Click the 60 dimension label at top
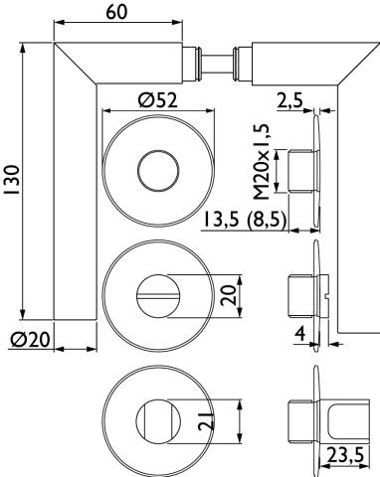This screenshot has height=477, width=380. click(x=116, y=12)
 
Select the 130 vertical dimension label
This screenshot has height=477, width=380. click(x=14, y=179)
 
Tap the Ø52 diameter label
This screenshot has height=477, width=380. click(x=158, y=100)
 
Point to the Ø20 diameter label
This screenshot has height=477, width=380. click(x=30, y=340)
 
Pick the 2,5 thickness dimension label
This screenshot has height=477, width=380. click(x=290, y=100)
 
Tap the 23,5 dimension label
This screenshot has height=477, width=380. click(x=345, y=455)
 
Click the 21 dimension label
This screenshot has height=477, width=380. click(x=206, y=421)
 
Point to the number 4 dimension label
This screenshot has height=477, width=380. click(x=299, y=334)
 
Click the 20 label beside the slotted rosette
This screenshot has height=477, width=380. click(x=229, y=295)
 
